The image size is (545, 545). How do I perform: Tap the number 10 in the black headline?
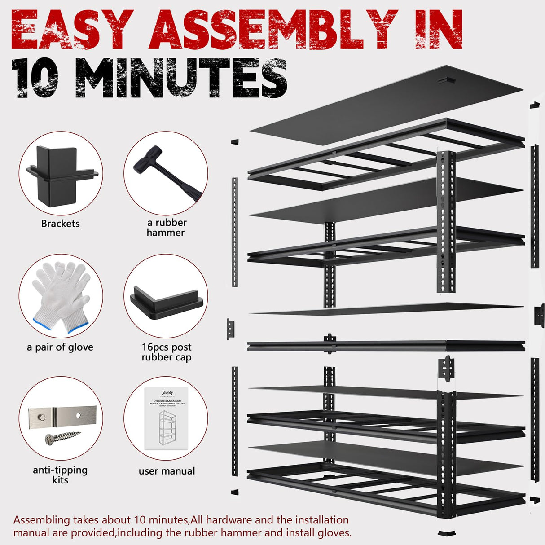click(x=35, y=78)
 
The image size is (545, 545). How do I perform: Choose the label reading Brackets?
click(x=60, y=224)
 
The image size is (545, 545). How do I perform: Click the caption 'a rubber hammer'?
click(x=166, y=228)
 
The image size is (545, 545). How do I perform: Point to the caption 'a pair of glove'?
click(x=60, y=347)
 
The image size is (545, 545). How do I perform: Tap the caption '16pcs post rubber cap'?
click(x=166, y=352)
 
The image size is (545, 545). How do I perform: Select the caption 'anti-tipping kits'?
click(x=60, y=475)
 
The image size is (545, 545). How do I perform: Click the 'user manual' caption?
click(x=167, y=471)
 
